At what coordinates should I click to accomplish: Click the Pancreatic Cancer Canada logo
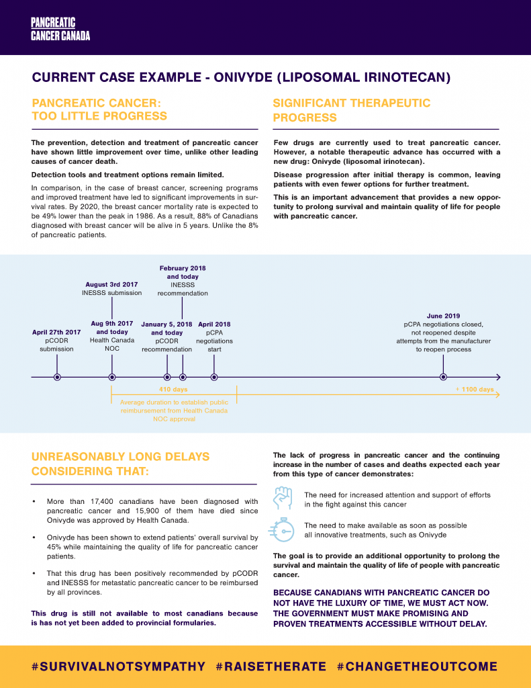pos(60,29)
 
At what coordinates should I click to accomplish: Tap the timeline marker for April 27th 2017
pos(57,377)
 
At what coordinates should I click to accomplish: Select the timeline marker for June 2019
pos(443,377)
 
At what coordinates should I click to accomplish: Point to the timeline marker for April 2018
pos(214,377)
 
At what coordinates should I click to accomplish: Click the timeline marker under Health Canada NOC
pos(112,377)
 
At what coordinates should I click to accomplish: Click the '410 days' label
pos(173,390)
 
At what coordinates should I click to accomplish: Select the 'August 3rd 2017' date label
pos(112,284)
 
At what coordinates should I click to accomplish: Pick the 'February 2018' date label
pos(183,268)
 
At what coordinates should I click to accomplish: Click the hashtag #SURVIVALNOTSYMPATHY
pos(118,666)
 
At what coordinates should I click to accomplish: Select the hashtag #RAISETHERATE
pos(271,666)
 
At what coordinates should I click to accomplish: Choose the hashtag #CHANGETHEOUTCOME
pos(418,666)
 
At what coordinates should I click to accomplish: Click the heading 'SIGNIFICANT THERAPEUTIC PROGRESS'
pos(351,110)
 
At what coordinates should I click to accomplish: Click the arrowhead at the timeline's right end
pos(497,377)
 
